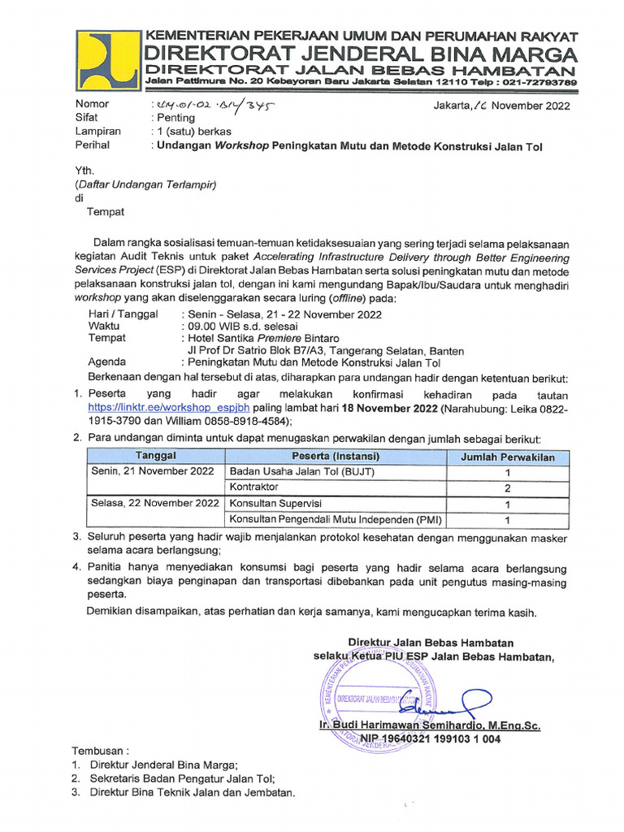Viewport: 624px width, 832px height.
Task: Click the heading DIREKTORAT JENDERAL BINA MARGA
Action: [x=360, y=54]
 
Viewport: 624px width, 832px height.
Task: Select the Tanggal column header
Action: [x=154, y=457]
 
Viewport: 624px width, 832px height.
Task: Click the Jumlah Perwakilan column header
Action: [x=508, y=457]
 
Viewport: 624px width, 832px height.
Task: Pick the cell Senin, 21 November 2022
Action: [x=154, y=472]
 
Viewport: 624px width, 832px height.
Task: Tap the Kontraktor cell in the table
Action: [x=254, y=487]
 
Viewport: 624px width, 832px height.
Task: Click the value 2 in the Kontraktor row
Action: [x=508, y=487]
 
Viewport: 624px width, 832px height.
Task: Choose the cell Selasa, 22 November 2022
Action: [x=154, y=504]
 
